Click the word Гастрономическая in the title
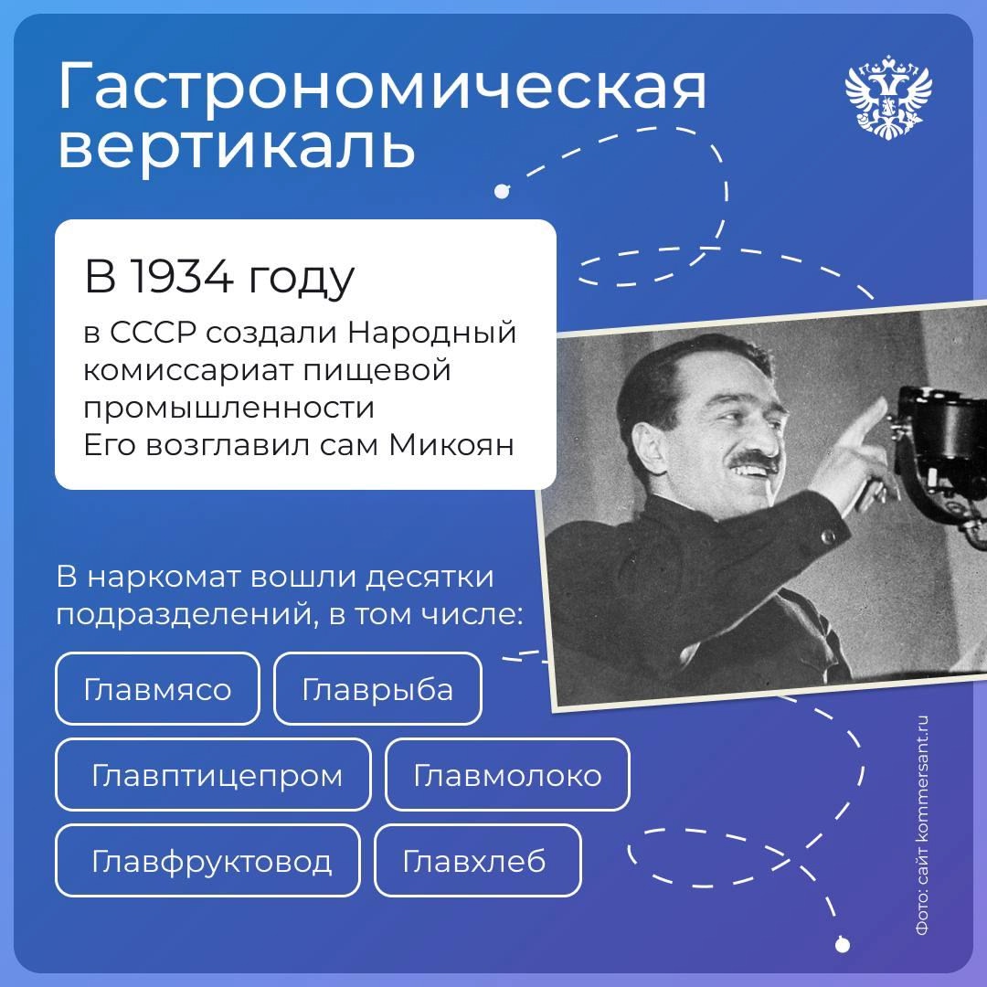coord(382,89)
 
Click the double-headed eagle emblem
coord(888,96)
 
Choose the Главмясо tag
coord(157,689)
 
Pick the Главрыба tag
coord(377,689)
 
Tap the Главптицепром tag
coord(217,776)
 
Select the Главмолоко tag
coord(507,776)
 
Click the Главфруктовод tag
coord(211,861)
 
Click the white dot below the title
coord(500,192)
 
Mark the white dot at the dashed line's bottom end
coord(842,942)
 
